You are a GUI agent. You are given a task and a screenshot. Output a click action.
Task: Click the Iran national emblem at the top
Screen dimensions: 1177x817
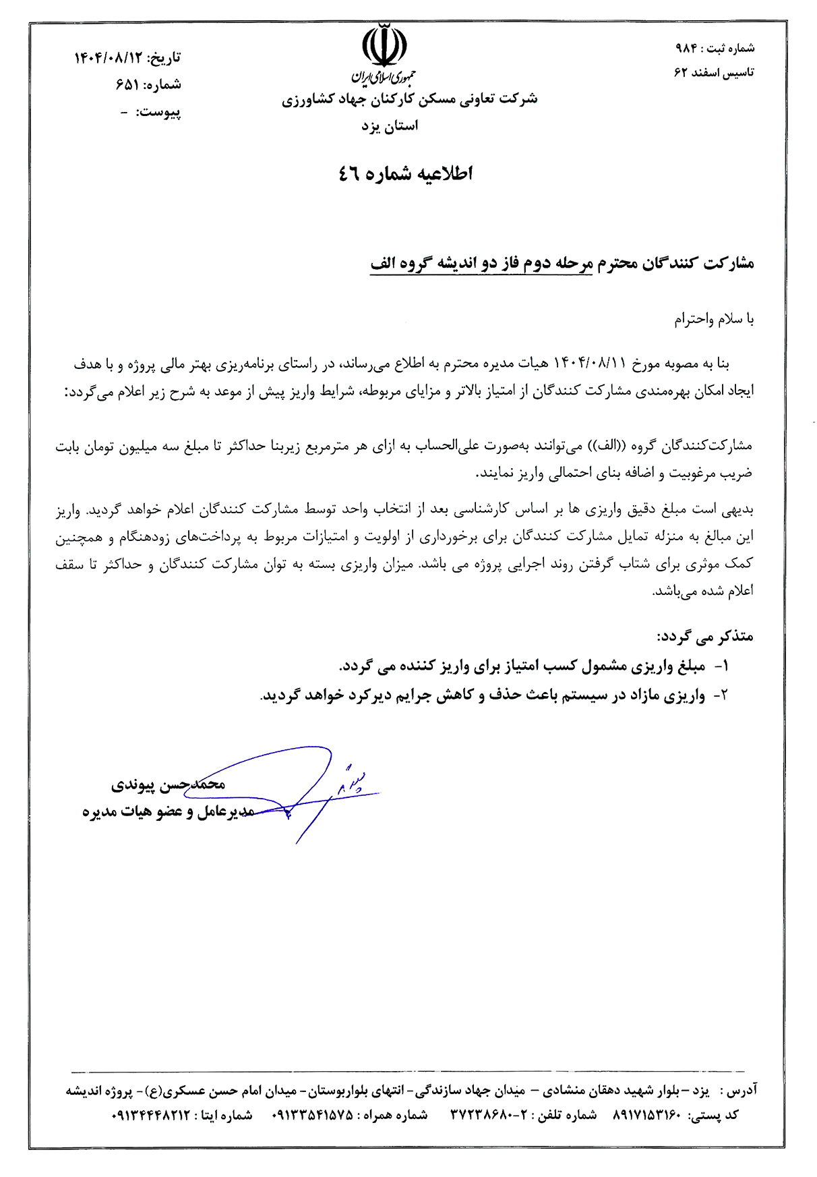(x=384, y=46)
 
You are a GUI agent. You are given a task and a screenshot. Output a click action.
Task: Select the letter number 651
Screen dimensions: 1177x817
(x=127, y=85)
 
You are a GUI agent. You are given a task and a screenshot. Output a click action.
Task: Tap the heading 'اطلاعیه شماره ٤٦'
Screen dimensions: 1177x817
(x=405, y=174)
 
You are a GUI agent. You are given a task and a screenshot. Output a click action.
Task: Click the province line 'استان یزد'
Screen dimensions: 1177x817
(x=390, y=126)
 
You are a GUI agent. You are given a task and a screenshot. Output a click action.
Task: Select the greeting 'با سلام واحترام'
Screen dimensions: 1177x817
(x=714, y=319)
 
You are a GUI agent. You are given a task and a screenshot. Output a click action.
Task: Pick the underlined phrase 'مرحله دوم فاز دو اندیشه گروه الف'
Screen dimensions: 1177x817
(x=481, y=264)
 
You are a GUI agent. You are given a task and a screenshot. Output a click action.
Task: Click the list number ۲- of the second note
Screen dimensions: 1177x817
(x=721, y=695)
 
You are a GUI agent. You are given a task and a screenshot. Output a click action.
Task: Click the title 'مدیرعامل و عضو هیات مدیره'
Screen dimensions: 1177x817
(x=169, y=811)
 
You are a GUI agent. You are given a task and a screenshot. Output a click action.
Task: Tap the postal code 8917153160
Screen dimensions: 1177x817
(x=647, y=1116)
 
